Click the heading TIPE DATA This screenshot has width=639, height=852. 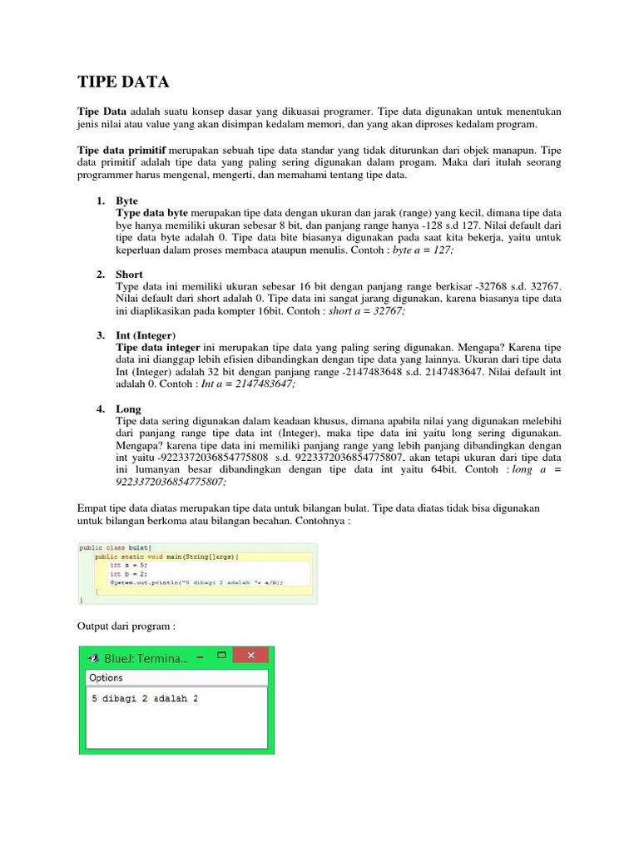coord(123,82)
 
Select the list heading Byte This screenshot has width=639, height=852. coord(126,201)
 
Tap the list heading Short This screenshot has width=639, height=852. coord(129,274)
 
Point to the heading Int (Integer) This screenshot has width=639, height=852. coord(146,334)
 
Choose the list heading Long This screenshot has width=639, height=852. coord(128,409)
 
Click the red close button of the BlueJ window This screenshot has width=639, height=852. coord(255,657)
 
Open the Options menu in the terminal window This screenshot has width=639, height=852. coord(106,678)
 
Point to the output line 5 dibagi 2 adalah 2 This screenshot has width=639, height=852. coord(145,698)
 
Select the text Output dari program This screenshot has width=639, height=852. coord(125,625)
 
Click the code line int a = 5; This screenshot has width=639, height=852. coord(126,564)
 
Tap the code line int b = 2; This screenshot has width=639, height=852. coord(126,573)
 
